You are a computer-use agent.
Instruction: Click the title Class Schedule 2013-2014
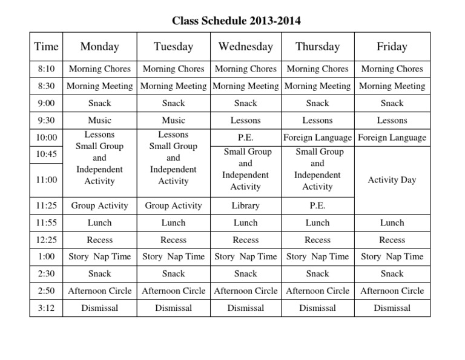pos(236,21)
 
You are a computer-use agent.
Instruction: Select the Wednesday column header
pos(245,47)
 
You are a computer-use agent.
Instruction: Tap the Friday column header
pos(392,47)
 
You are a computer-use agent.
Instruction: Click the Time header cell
pos(47,47)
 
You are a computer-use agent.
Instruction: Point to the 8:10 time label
pos(47,69)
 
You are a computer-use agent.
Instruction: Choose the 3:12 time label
pos(47,308)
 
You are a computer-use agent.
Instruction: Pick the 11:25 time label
pos(47,205)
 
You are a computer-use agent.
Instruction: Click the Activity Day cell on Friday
pos(392,179)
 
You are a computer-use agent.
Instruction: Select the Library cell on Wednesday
pos(245,205)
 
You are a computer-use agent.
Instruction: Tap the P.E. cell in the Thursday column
pos(317,205)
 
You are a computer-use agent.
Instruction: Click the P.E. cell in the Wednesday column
pos(245,138)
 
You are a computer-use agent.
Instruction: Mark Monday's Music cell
pos(99,121)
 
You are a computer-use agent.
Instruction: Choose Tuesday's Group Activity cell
pos(173,205)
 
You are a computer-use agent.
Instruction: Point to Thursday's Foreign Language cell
pos(317,138)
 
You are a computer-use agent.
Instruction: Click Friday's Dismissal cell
pos(392,308)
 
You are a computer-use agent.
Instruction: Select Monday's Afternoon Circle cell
pos(99,291)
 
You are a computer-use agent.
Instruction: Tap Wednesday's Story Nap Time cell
pos(245,256)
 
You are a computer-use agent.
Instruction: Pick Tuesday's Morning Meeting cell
pos(173,86)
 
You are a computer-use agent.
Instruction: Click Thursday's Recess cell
pos(317,240)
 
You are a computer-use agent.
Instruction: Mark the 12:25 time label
pos(47,240)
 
